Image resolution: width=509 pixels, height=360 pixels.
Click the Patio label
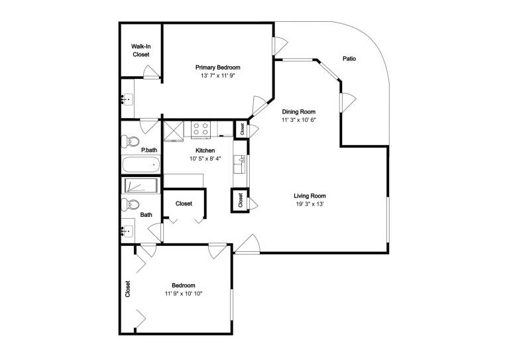(349, 59)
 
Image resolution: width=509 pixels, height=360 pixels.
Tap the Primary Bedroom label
(218, 68)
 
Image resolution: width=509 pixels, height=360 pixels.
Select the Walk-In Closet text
(141, 50)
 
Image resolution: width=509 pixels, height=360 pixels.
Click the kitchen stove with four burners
(201, 128)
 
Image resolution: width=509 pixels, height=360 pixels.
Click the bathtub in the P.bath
(141, 164)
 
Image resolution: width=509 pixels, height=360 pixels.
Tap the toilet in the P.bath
(130, 141)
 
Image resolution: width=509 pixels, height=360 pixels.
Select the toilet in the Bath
(130, 204)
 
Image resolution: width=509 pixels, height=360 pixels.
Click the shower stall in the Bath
(141, 186)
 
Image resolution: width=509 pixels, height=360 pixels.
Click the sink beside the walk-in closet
(127, 98)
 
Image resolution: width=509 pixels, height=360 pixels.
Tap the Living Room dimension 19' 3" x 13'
(310, 204)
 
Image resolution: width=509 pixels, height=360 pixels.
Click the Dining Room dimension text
(299, 120)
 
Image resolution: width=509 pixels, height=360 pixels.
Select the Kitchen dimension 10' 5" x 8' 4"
(205, 158)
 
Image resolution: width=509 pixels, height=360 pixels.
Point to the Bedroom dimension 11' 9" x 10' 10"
(184, 294)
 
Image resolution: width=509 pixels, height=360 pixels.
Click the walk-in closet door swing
(151, 72)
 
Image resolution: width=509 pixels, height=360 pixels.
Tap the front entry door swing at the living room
(247, 243)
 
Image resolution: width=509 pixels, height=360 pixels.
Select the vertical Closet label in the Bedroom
(127, 289)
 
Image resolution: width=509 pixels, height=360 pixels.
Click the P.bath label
(149, 150)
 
